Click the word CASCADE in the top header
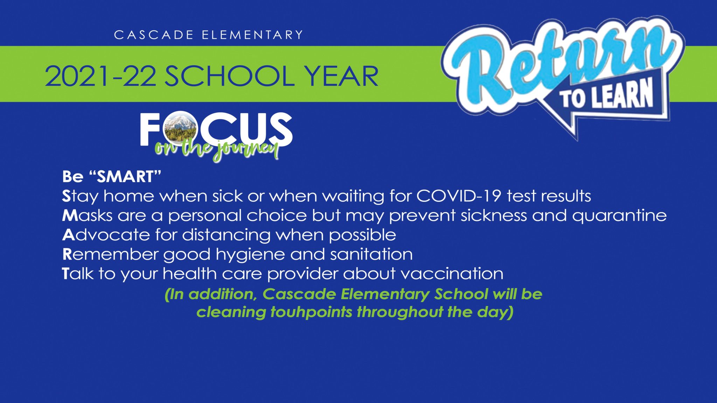pyautogui.click(x=154, y=35)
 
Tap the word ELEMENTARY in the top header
pyautogui.click(x=252, y=35)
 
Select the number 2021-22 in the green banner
pyautogui.click(x=100, y=76)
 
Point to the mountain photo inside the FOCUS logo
pyautogui.click(x=180, y=129)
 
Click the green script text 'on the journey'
pyautogui.click(x=217, y=150)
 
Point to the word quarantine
pyautogui.click(x=619, y=216)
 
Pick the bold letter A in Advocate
pyautogui.click(x=69, y=235)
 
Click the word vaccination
pyautogui.click(x=452, y=274)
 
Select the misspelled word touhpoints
pyautogui.click(x=311, y=312)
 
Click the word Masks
pyautogui.click(x=87, y=215)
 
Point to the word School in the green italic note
pyautogui.click(x=461, y=294)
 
